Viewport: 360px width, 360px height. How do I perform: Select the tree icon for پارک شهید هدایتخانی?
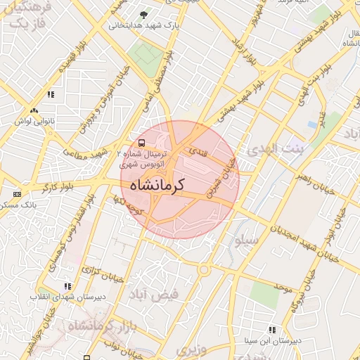coord(144,15)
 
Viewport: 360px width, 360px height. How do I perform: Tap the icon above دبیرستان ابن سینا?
coord(271,330)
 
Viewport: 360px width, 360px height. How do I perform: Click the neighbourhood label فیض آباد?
coord(154,294)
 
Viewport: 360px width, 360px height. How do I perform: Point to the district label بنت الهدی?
coord(278,149)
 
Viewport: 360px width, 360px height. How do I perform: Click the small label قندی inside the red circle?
coord(193,150)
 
